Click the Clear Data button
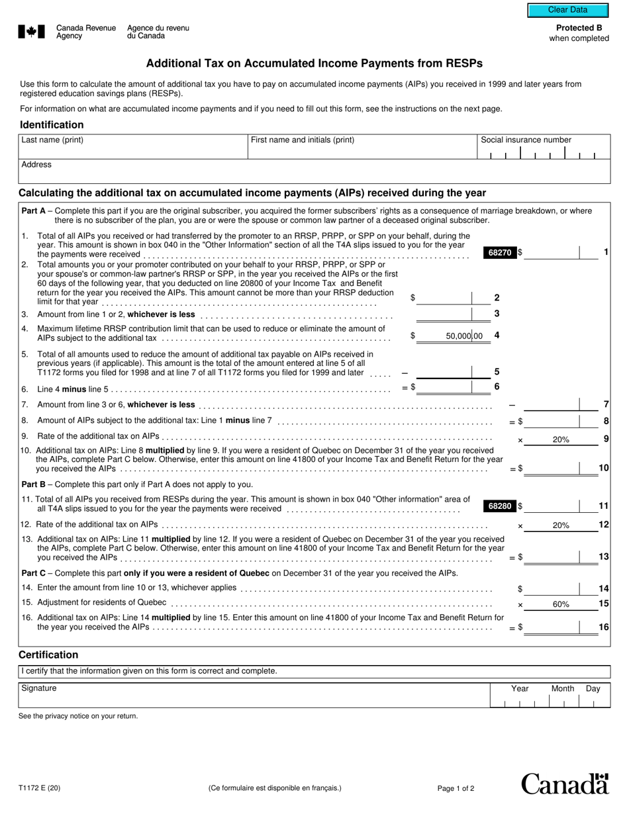point(567,10)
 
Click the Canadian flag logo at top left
point(32,32)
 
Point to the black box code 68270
point(500,252)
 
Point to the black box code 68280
point(500,506)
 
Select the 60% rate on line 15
point(561,604)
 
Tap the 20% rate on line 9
point(561,439)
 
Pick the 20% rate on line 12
point(561,525)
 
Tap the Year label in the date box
point(520,688)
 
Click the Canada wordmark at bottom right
point(564,784)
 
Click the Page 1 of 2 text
point(456,788)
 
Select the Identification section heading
point(52,125)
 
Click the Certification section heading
point(48,655)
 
